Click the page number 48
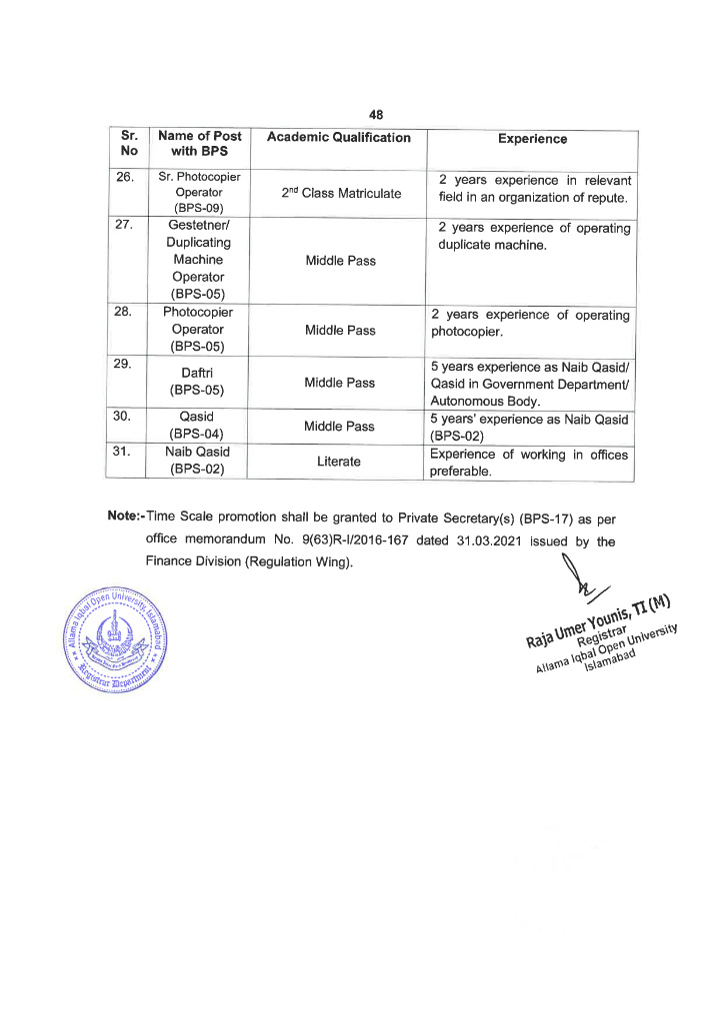coord(376,114)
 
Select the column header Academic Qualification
coord(339,138)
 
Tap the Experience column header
coord(532,139)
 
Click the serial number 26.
coord(125,177)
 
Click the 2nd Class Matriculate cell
coord(340,193)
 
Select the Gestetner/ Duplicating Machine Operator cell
coord(198,260)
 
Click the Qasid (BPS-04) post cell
coord(198,425)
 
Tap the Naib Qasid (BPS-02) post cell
coord(198,459)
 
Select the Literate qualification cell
coord(340,462)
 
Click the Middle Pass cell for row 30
coord(340,426)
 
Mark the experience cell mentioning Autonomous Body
coord(530,382)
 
